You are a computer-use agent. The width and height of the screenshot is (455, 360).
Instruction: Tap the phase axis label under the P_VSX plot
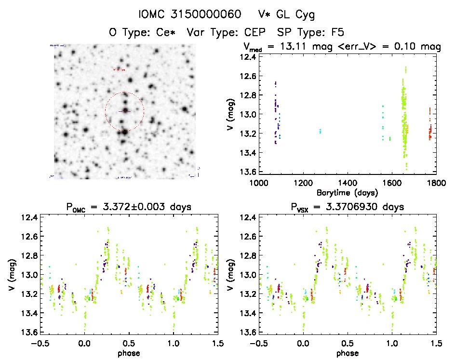348,353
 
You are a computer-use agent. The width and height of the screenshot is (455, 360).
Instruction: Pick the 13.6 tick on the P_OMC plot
30,332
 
